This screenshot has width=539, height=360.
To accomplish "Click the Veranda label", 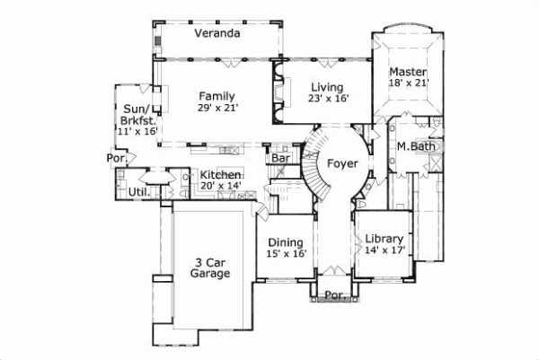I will tap(217, 34).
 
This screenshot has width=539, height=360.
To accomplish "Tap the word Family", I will tap(217, 96).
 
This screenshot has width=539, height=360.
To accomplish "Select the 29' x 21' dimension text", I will tap(217, 108).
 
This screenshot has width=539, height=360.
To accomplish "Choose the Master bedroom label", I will tap(408, 71).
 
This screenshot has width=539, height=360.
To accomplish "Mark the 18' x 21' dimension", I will tap(409, 83).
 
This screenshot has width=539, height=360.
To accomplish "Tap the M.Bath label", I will tap(414, 146).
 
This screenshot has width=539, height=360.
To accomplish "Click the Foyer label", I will tap(342, 164).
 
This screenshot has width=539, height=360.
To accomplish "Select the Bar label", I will tap(281, 159).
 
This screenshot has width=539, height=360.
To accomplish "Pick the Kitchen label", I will tap(220, 175).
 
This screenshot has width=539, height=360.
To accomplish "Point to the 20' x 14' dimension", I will tap(220, 187).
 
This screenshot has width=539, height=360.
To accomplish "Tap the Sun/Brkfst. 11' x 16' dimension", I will tap(137, 131).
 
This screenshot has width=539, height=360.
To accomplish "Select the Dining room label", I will tap(287, 241).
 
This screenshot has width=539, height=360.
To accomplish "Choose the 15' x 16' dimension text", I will tap(287, 254).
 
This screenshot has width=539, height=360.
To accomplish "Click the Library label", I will tap(385, 239).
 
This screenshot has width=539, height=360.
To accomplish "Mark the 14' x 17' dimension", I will tap(385, 250).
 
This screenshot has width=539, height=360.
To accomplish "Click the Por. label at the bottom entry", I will tap(335, 294).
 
